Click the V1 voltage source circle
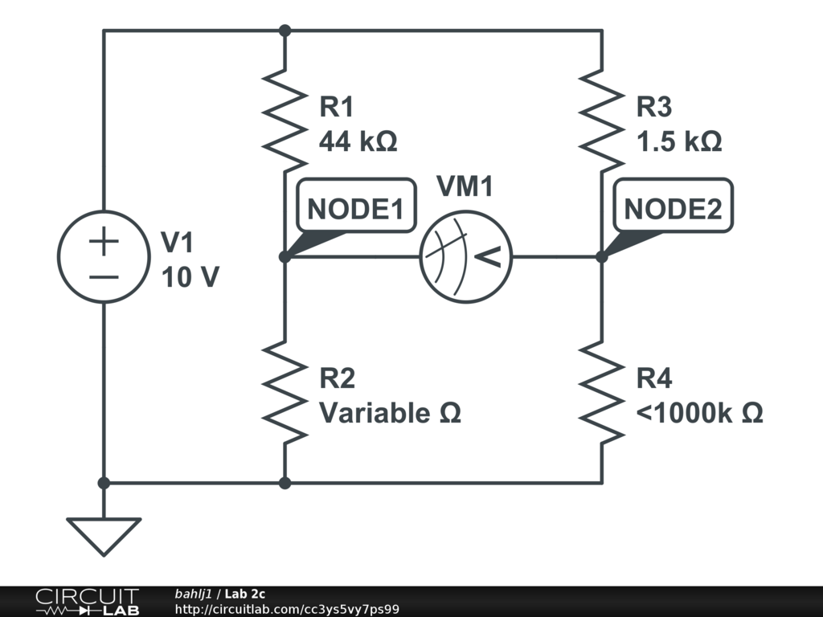(x=104, y=257)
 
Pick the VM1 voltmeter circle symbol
(x=466, y=257)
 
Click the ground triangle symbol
(x=104, y=535)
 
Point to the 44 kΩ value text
(x=358, y=141)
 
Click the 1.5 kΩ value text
(x=679, y=141)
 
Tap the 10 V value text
(x=190, y=277)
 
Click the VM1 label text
(x=465, y=186)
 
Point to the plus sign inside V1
(x=104, y=241)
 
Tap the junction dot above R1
(x=285, y=31)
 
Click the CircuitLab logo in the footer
(x=86, y=602)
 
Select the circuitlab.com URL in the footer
(x=287, y=610)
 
